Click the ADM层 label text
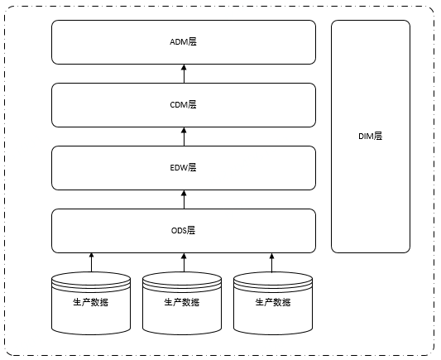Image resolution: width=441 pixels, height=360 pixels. (x=183, y=41)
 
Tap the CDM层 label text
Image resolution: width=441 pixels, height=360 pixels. (x=183, y=104)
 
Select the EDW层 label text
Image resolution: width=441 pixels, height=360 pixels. (x=183, y=167)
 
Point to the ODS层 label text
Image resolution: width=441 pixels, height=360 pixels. (x=183, y=230)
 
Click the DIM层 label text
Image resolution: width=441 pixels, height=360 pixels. (x=370, y=137)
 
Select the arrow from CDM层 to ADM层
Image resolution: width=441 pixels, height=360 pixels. (x=183, y=73)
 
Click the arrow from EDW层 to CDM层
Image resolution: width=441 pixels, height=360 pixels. (x=183, y=136)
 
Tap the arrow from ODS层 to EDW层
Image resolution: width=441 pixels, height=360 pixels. (x=183, y=199)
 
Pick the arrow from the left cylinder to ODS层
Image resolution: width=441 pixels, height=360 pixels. (x=92, y=262)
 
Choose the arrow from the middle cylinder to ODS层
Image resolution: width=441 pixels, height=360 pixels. (x=183, y=262)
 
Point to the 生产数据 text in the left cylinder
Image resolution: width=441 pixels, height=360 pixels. (x=92, y=302)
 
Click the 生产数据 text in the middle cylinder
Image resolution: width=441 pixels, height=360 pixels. (x=183, y=302)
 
